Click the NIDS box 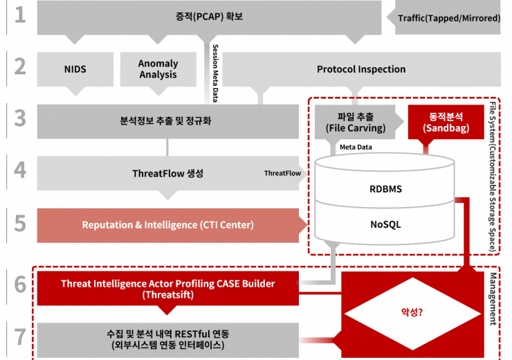tap(75, 69)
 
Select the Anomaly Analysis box tap(158, 69)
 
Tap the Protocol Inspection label tap(361, 69)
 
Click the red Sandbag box tap(446, 122)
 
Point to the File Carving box tap(355, 122)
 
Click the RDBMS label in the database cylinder tap(385, 189)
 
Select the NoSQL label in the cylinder tap(385, 224)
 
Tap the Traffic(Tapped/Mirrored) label tap(449, 18)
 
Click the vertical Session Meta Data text tap(215, 73)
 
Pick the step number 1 tap(20, 15)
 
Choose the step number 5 tap(20, 224)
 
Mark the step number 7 tap(20, 337)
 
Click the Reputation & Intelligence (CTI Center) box tap(168, 226)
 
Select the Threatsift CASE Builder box tap(168, 289)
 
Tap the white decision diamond tap(413, 314)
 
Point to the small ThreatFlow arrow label tap(282, 173)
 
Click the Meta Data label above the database tap(356, 147)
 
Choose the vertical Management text tap(493, 299)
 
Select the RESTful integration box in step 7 tap(168, 340)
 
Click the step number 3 tap(20, 118)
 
